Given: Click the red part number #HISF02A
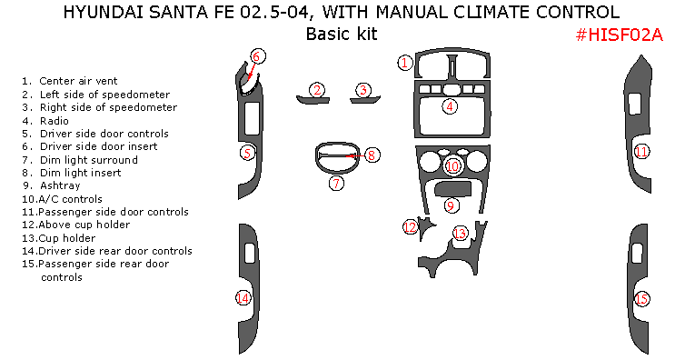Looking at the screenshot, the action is (x=620, y=35).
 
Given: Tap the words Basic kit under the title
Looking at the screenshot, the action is (x=342, y=34).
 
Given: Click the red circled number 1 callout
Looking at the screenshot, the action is (x=405, y=63).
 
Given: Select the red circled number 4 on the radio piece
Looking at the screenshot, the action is (x=450, y=106).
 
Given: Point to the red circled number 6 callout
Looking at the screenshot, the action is (x=256, y=56).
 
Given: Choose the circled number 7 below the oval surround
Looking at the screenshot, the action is (x=336, y=183).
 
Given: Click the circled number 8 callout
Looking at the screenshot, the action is (x=372, y=155).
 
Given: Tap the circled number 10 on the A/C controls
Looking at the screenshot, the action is (x=452, y=166).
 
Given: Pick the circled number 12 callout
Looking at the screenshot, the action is (x=411, y=227).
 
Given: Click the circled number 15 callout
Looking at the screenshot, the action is (x=641, y=299).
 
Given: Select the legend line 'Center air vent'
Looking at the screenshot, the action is (x=70, y=81).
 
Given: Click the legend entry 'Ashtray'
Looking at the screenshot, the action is (x=52, y=185).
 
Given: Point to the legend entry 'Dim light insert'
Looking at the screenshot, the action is (x=72, y=173).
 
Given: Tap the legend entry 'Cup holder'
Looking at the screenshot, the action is (x=59, y=238).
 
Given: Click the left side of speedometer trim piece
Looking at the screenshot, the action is (x=313, y=101).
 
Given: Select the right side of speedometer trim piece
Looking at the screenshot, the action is (x=365, y=100).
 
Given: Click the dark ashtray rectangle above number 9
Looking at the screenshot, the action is (x=452, y=189).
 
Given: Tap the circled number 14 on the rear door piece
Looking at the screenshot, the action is (x=243, y=298).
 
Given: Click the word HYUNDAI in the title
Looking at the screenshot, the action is (x=103, y=12).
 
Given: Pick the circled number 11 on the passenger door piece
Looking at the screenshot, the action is (x=641, y=152).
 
